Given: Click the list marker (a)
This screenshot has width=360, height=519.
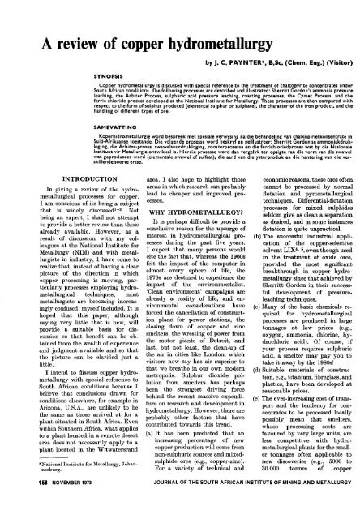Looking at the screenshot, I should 132,437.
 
